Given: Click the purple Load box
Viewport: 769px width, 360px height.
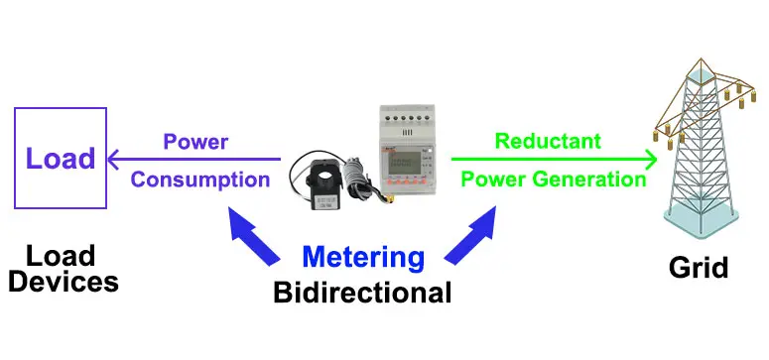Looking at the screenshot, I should [x=60, y=158].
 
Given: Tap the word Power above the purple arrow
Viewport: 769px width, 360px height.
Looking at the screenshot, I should [x=195, y=141].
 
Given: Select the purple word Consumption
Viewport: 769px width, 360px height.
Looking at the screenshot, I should [x=200, y=180].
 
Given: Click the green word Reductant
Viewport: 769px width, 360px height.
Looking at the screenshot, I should [x=548, y=141].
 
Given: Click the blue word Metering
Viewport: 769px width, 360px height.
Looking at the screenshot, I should [x=363, y=257].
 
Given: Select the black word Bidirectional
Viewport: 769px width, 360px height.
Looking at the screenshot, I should [x=362, y=294].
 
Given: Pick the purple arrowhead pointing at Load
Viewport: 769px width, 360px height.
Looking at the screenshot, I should [x=114, y=159].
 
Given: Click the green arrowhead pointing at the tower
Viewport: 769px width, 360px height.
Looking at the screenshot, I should [x=650, y=159].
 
